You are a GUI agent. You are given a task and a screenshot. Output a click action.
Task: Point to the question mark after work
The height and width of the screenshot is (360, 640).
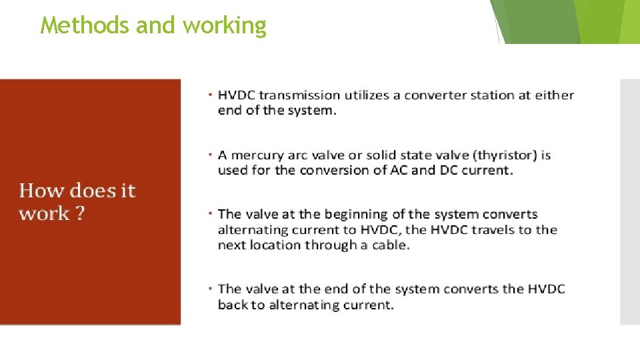pyautogui.click(x=79, y=214)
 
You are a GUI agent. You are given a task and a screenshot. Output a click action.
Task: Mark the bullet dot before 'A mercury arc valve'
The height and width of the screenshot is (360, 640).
pyautogui.click(x=209, y=154)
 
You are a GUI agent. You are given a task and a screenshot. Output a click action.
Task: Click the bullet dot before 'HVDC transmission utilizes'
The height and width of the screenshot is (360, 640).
pyautogui.click(x=209, y=94)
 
